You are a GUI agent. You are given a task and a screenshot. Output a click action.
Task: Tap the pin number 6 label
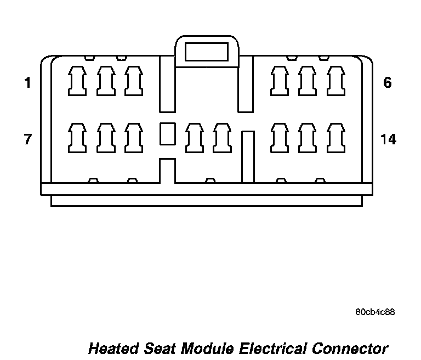[x=388, y=83]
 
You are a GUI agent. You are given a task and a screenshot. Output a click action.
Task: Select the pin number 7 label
[x=27, y=139]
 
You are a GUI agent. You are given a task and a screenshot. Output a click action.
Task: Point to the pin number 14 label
[x=388, y=139]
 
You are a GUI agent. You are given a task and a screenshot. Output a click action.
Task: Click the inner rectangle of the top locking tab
[x=207, y=52]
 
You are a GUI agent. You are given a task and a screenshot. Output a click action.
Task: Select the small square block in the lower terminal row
[x=167, y=133]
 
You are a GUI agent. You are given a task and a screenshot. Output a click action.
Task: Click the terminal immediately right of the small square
[x=194, y=137]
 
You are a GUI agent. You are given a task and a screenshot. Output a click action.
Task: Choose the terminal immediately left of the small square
[x=133, y=137]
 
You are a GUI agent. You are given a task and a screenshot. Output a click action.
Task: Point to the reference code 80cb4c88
[x=375, y=312]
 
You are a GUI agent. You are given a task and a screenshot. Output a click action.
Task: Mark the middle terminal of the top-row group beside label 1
[x=105, y=80]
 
